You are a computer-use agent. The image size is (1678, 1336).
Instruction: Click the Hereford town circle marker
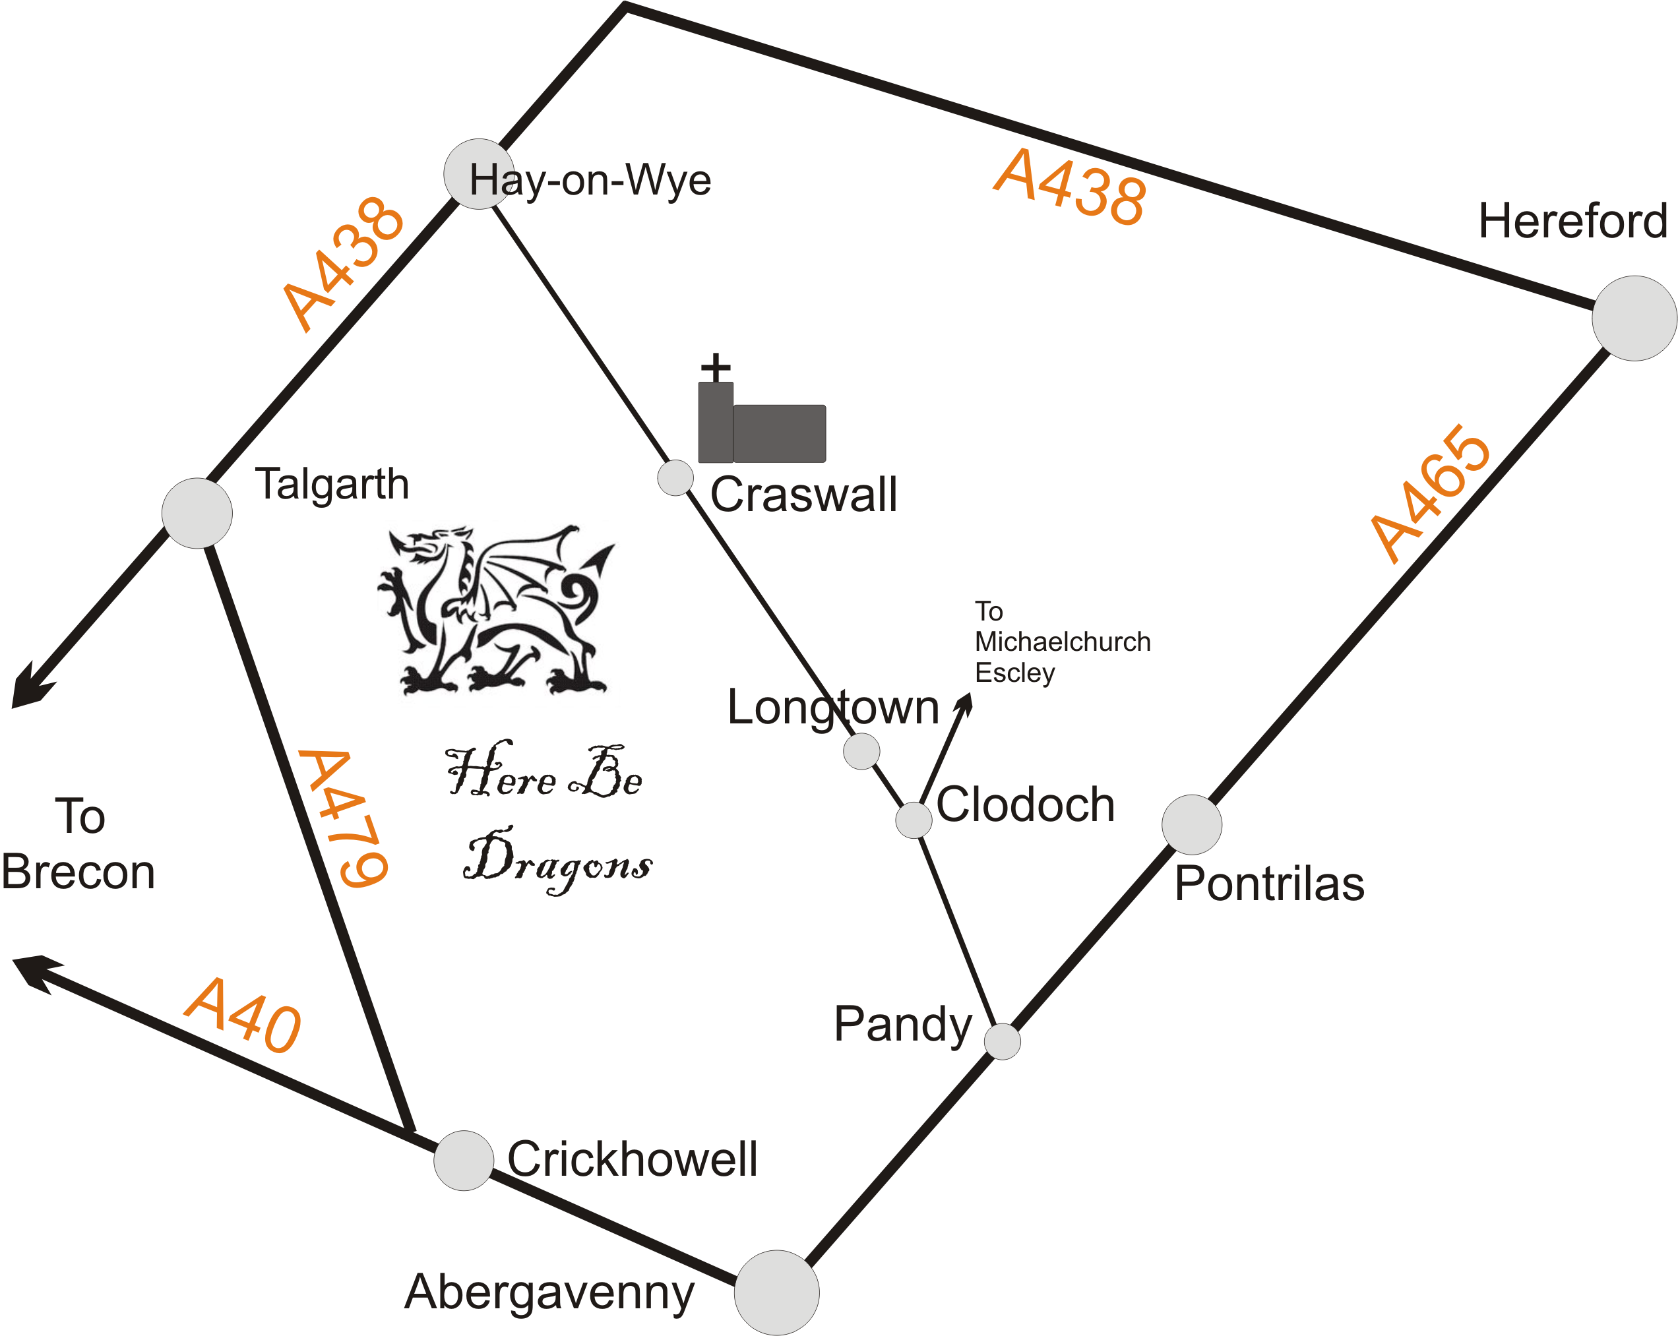(x=1634, y=319)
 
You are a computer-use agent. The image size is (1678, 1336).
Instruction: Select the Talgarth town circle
(x=197, y=513)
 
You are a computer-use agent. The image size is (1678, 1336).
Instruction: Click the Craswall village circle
(x=675, y=477)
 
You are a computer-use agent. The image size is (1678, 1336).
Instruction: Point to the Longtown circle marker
(x=861, y=751)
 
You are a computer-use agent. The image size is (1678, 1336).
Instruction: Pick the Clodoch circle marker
(x=914, y=820)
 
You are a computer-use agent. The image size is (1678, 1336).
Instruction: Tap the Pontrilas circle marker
(x=1192, y=825)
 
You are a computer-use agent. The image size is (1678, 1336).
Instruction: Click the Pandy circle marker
(x=1003, y=1041)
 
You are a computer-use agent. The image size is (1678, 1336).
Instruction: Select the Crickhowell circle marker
(x=464, y=1160)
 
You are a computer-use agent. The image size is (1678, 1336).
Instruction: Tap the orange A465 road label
(x=1431, y=493)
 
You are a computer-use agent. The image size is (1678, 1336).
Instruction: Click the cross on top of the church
(x=715, y=367)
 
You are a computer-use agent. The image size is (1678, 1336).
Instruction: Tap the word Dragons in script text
(x=557, y=862)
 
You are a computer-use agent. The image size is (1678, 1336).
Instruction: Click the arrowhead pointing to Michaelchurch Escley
(x=966, y=703)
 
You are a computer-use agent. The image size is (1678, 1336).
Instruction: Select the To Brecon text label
(x=78, y=843)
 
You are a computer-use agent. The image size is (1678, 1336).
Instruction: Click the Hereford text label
(x=1572, y=221)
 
